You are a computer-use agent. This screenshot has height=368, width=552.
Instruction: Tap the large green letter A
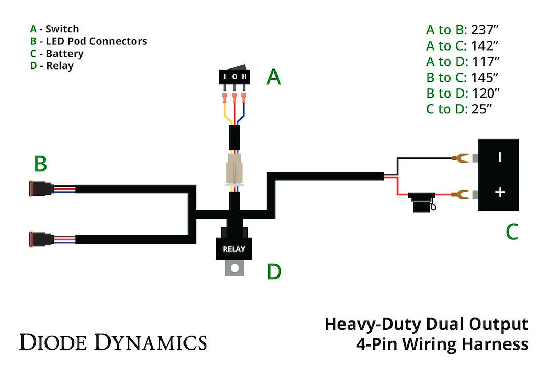(x=274, y=78)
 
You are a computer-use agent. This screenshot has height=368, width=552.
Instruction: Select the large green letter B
(x=40, y=165)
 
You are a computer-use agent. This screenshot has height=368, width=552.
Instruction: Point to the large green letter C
(x=512, y=233)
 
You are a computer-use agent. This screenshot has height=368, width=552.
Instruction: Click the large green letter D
(x=274, y=272)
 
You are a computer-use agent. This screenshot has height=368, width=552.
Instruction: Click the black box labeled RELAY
(x=234, y=249)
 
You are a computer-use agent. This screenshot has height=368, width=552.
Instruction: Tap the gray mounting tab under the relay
(x=235, y=267)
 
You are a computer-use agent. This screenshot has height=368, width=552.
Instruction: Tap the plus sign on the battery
(x=500, y=192)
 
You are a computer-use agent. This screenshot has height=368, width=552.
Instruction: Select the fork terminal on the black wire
(x=462, y=157)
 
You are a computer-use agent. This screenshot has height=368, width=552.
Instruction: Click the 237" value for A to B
(x=485, y=29)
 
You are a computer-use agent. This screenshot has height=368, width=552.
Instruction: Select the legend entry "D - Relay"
(x=52, y=66)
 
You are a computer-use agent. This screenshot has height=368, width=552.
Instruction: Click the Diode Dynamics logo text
(x=113, y=341)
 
